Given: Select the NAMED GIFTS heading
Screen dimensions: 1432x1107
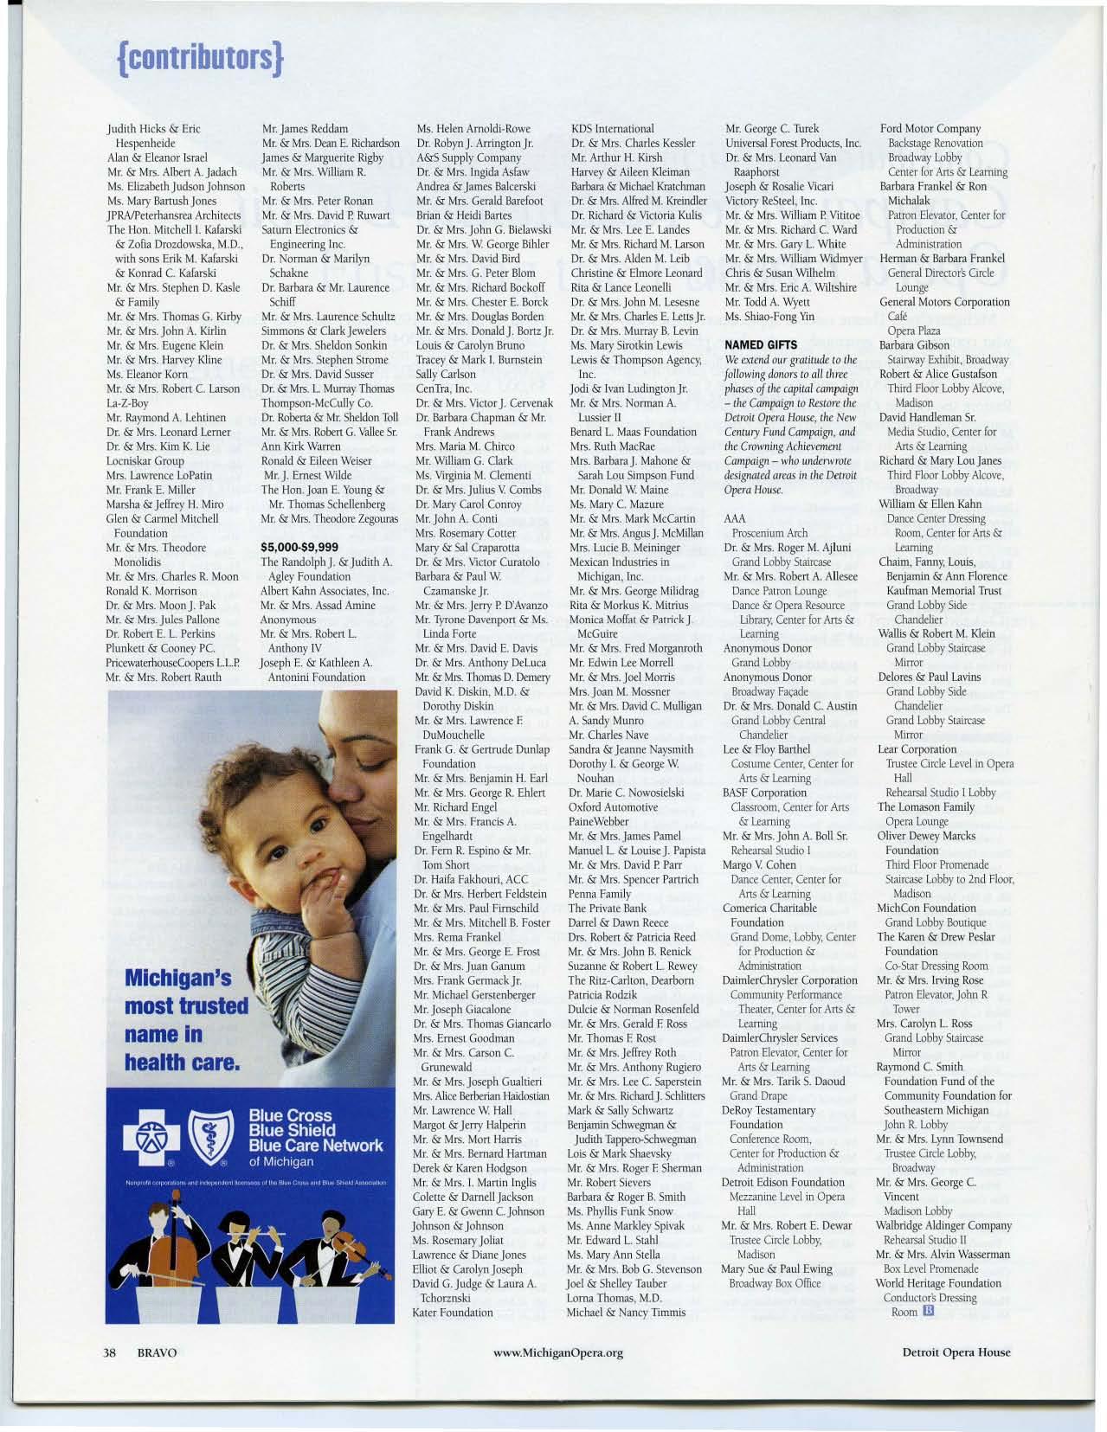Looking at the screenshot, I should (755, 345).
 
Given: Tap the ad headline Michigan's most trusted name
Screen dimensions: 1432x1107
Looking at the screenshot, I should (185, 1019).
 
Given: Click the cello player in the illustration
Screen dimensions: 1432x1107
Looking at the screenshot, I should (153, 1237).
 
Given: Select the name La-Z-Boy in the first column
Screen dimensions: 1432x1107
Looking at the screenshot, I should (127, 403).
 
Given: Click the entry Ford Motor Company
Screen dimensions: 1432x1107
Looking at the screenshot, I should (930, 129).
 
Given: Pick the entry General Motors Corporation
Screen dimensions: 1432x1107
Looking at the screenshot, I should (944, 302).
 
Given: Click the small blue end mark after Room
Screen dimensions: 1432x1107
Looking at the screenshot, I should (929, 1311).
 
